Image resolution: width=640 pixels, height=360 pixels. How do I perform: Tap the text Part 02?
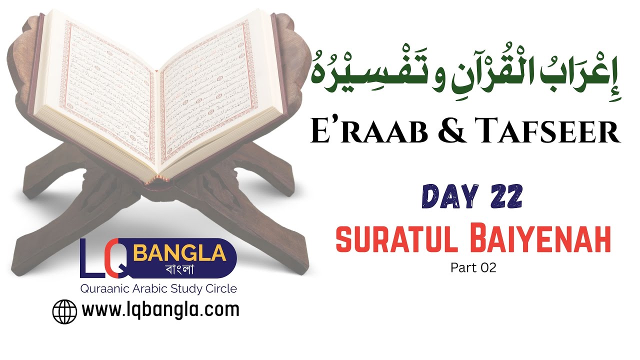point(473,268)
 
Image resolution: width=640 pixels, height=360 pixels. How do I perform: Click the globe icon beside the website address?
point(65,311)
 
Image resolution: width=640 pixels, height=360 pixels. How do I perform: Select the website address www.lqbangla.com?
point(160,310)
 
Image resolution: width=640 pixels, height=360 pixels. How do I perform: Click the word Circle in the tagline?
point(222,289)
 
